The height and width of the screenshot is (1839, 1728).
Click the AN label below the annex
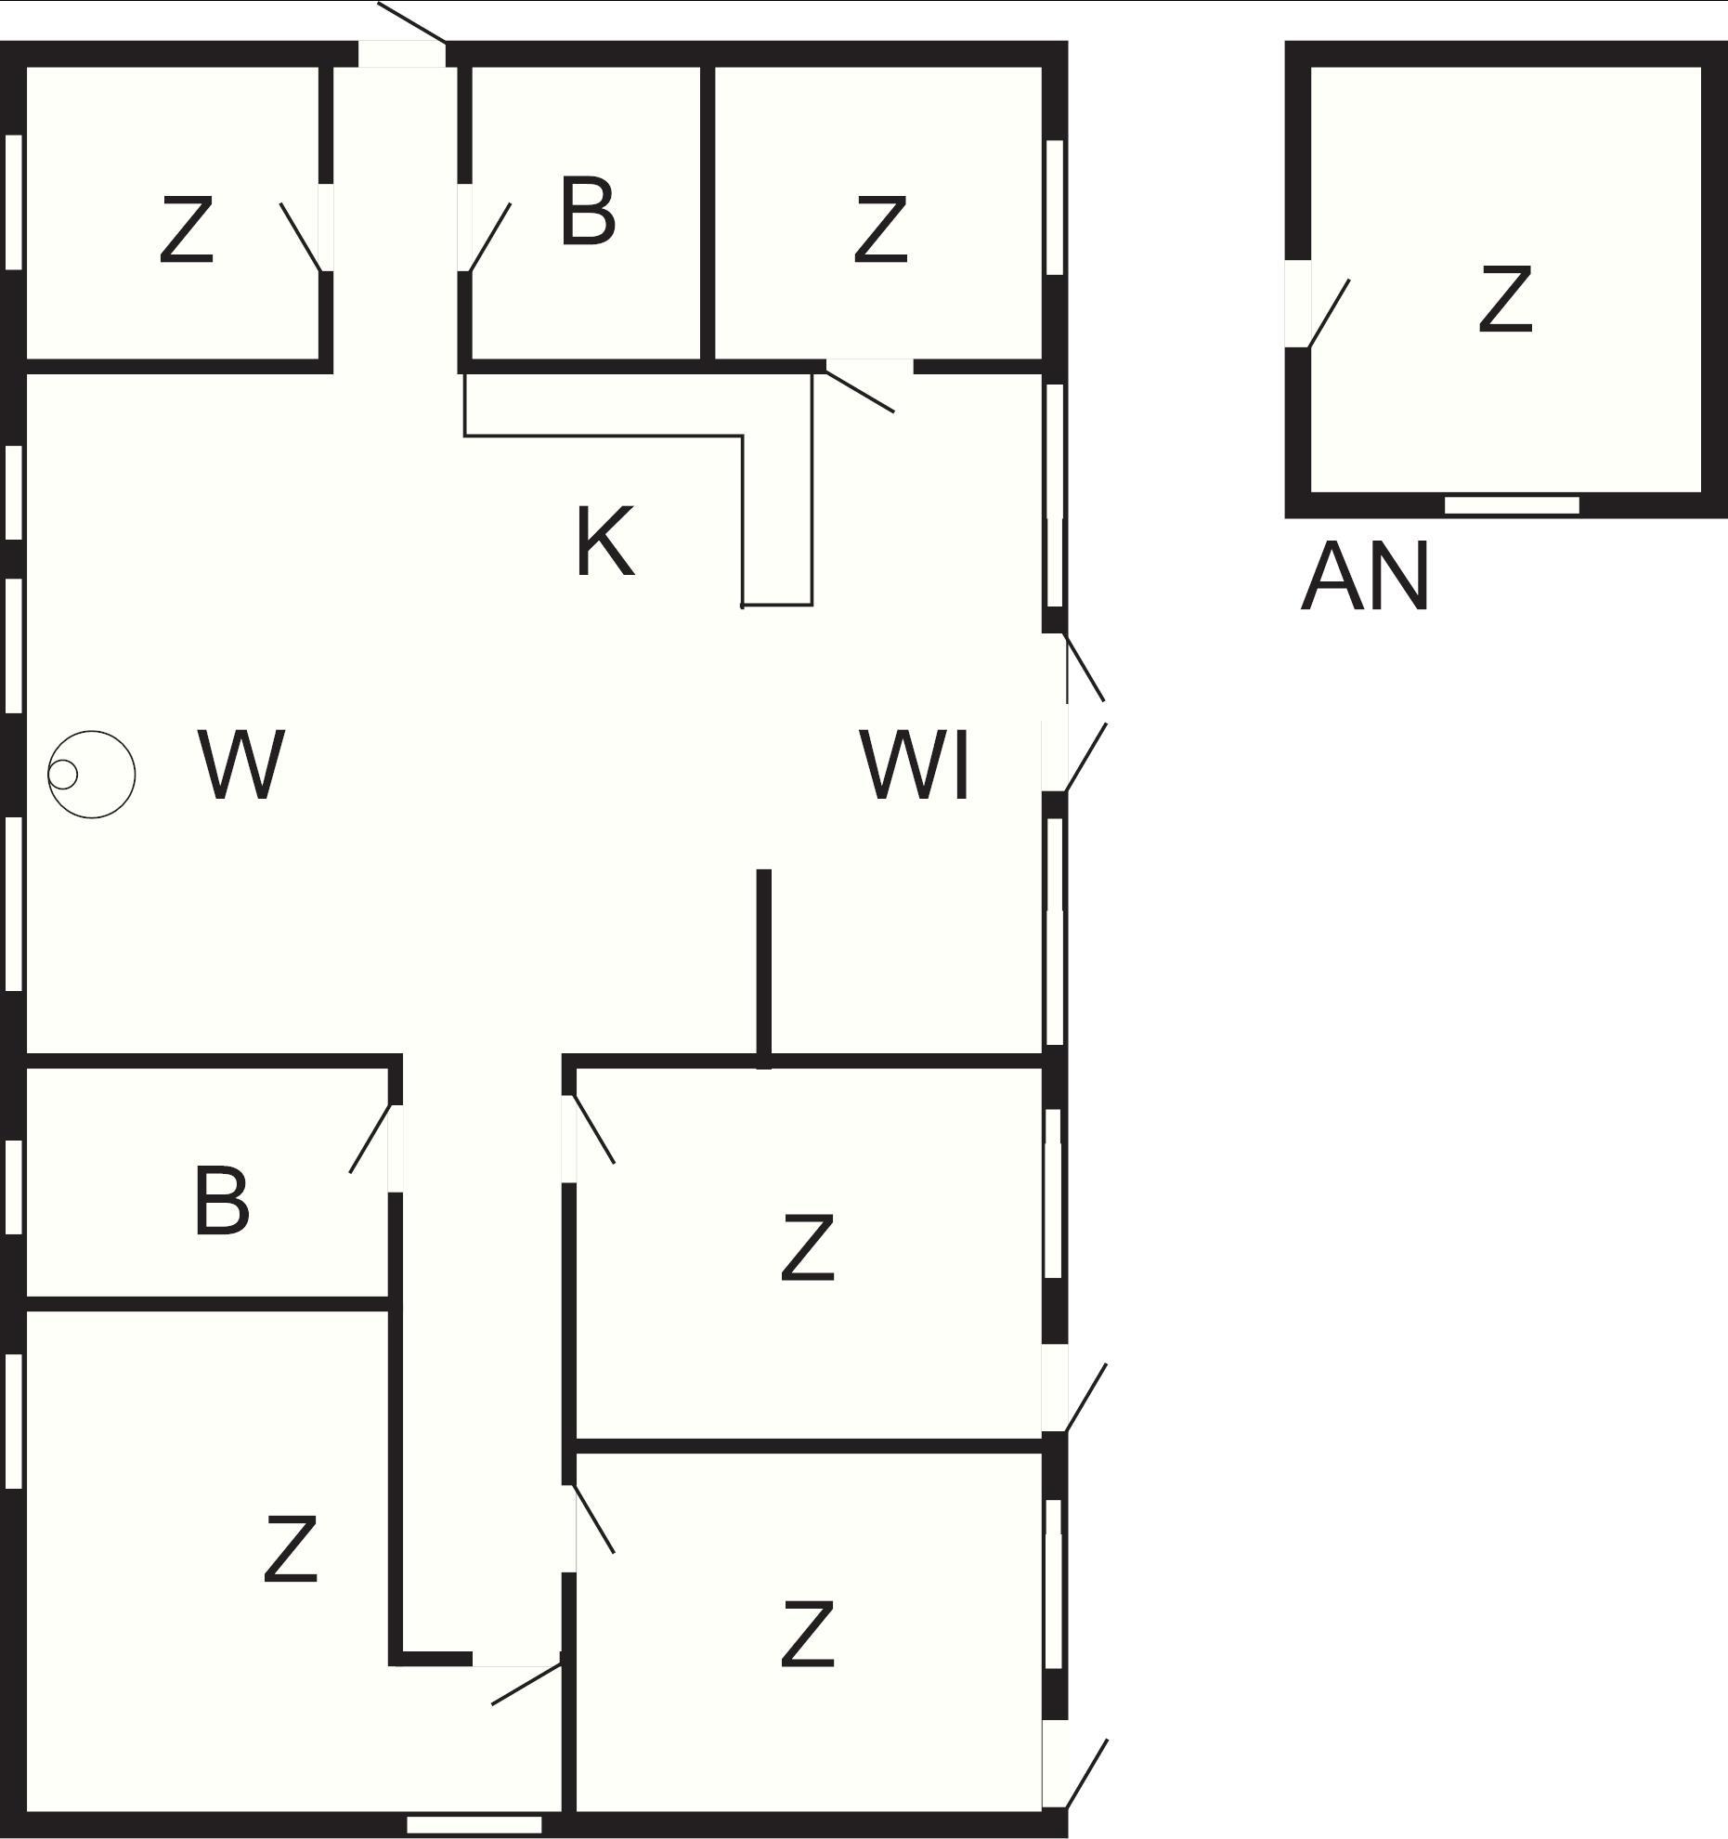[1364, 578]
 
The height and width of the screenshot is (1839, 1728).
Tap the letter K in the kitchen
[604, 541]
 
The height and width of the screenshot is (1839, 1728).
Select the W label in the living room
[240, 764]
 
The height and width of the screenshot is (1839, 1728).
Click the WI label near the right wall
[916, 765]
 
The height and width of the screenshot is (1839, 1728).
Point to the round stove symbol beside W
[91, 774]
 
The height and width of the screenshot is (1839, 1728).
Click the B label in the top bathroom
[588, 213]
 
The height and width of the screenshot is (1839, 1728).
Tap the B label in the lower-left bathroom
[221, 1202]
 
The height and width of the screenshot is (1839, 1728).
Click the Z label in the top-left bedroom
[187, 228]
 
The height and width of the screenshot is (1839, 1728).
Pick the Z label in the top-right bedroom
[879, 228]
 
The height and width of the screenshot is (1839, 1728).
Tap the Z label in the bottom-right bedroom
[807, 1635]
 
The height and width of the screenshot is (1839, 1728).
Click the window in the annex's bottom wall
[1511, 505]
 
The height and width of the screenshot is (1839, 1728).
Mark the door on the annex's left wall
[1319, 306]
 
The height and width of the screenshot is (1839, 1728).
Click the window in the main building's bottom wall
[474, 1825]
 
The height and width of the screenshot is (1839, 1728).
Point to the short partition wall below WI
[763, 966]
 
